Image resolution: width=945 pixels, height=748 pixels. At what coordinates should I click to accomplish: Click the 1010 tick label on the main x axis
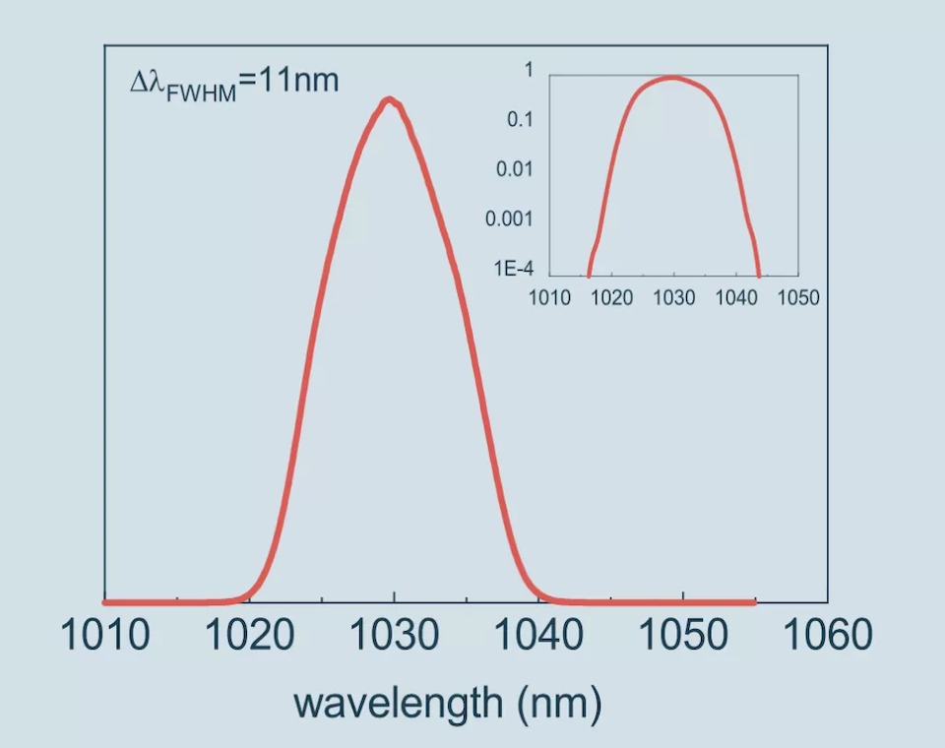click(x=105, y=635)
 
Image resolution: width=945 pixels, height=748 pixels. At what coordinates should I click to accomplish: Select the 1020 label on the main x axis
click(x=250, y=635)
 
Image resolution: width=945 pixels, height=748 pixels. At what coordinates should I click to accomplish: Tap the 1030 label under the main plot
click(x=395, y=635)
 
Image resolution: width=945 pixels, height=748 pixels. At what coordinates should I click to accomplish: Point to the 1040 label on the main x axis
click(x=538, y=635)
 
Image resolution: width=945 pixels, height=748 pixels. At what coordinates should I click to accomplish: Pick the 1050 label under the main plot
click(x=683, y=635)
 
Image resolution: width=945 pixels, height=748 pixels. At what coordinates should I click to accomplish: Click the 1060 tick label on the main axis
click(x=827, y=635)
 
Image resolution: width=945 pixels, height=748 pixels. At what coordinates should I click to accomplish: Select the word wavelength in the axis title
click(x=396, y=703)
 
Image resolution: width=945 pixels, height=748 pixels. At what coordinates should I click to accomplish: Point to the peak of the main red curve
click(x=390, y=99)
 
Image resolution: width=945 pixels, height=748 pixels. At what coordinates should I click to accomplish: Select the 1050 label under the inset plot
click(x=797, y=297)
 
